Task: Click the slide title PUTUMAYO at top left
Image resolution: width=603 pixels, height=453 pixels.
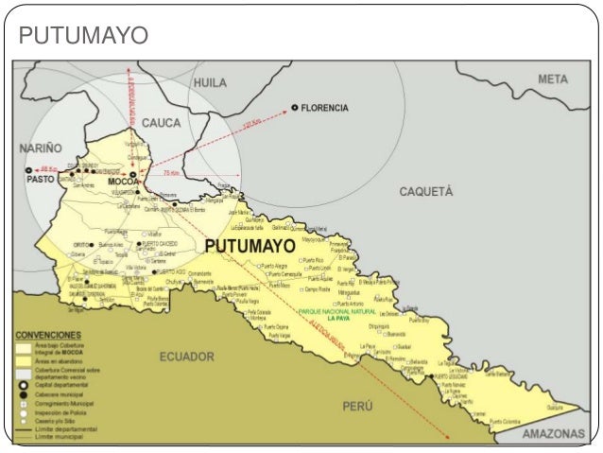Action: coord(84,36)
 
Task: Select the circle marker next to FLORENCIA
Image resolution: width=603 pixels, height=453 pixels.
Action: coord(295,108)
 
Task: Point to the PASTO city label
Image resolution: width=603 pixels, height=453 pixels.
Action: coord(40,179)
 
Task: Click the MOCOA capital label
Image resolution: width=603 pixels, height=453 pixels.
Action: coord(124,181)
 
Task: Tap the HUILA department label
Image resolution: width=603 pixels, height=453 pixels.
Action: coord(210,83)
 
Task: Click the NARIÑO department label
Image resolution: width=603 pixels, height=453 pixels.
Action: coord(40,148)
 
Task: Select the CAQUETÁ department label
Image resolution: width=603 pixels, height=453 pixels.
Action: coord(425,191)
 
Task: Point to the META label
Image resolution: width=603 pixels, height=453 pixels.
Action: coord(553,78)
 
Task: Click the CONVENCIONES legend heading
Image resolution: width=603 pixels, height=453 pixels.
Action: coord(48,335)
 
